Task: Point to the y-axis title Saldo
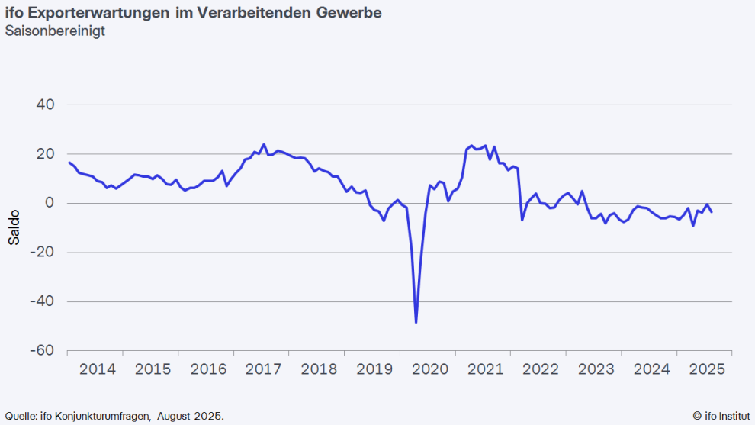(14, 227)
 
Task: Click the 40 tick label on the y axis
(47, 105)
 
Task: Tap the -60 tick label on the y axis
(43, 350)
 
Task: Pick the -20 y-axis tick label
(43, 252)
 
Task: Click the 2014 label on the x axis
(98, 369)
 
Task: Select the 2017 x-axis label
(263, 369)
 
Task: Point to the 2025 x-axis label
(706, 369)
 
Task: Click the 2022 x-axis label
(540, 369)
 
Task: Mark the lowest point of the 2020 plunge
(416, 322)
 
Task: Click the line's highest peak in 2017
(263, 144)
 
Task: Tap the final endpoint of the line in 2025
(712, 212)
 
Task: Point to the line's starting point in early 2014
(69, 162)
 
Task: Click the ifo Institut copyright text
(721, 416)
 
